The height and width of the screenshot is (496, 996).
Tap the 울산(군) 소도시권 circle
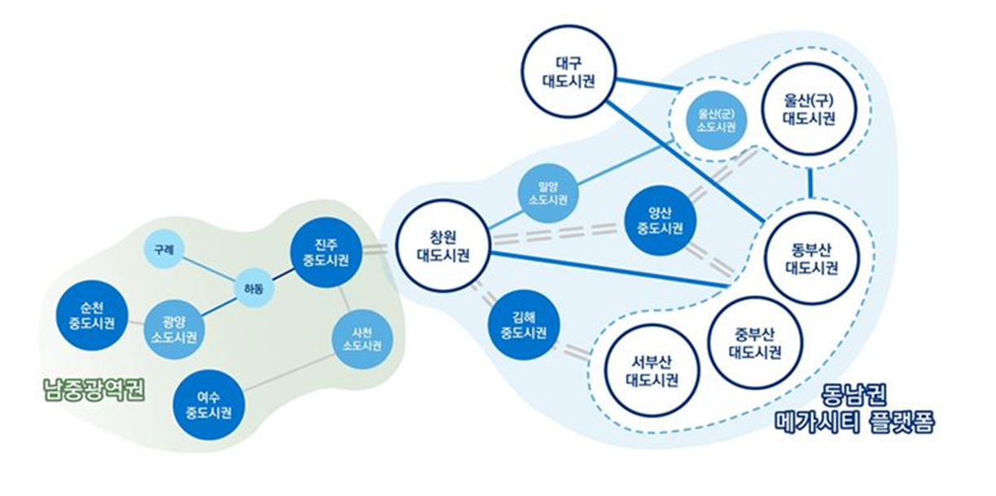point(717,121)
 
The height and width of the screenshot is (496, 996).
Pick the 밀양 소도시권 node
point(548,192)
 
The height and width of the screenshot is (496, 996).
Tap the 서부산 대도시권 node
point(651,371)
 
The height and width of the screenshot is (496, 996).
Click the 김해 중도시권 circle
point(524,326)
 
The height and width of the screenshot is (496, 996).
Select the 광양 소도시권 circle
point(173,330)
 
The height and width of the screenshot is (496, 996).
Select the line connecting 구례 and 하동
point(209,266)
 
